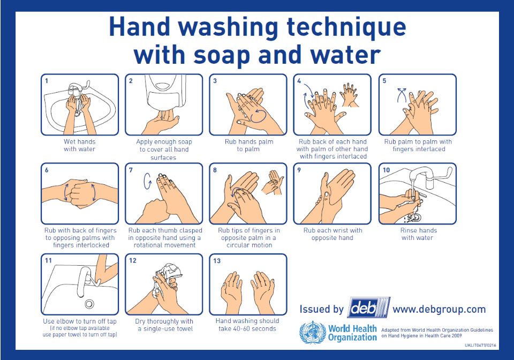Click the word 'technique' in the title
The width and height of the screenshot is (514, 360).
(x=346, y=27)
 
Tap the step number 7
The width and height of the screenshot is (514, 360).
(x=131, y=170)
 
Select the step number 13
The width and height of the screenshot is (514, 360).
(x=217, y=261)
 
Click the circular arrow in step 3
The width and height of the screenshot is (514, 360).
(x=258, y=116)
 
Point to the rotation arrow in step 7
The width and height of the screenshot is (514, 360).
(x=148, y=181)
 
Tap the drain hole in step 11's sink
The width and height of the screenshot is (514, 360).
(x=89, y=304)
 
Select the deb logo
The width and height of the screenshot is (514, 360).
(x=369, y=308)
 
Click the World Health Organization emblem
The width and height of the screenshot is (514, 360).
(x=313, y=333)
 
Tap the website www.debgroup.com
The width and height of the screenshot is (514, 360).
(x=439, y=309)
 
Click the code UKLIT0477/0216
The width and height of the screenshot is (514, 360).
(x=480, y=345)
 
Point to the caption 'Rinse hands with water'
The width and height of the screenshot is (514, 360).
(x=418, y=234)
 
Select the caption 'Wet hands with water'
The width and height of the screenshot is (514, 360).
(x=79, y=145)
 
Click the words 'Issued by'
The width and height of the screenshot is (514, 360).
(x=321, y=309)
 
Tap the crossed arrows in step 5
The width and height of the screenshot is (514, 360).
(x=402, y=95)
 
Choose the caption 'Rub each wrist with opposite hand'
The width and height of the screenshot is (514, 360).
(x=332, y=234)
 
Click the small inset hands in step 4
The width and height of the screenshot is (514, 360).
(x=350, y=95)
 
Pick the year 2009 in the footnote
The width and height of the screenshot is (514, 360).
(x=457, y=335)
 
